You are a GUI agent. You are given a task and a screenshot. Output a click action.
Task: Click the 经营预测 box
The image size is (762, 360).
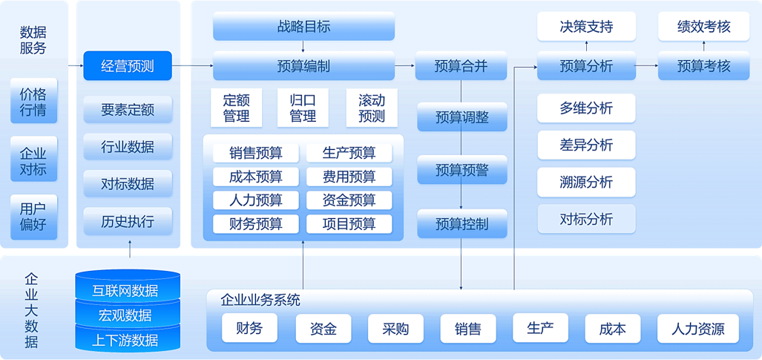point(128,66)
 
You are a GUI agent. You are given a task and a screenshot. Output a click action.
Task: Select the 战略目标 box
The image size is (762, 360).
point(303,27)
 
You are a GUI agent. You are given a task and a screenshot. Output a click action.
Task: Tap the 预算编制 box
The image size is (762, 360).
point(303,66)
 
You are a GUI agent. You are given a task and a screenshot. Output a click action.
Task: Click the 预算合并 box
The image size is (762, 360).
point(461,66)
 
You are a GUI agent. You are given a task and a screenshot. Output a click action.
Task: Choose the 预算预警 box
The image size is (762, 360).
point(462,170)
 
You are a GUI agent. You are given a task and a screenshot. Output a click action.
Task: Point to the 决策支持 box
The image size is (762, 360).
point(586,27)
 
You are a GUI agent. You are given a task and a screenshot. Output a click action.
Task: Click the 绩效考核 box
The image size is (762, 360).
point(703,27)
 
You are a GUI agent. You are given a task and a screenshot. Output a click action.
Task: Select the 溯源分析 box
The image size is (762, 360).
point(586,182)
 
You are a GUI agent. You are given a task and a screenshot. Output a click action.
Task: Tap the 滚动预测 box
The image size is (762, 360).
point(372,108)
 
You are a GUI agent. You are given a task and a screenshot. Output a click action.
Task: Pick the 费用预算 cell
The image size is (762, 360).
point(349,177)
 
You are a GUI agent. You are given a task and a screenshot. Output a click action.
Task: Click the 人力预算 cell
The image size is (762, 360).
point(256,200)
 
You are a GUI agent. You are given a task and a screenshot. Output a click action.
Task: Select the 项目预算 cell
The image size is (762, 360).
point(349,223)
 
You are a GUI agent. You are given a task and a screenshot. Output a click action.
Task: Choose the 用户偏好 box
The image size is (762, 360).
point(33,216)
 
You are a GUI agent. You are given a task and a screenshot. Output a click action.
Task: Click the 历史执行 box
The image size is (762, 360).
point(128,221)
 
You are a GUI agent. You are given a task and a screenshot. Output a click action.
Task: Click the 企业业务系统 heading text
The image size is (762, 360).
point(260,301)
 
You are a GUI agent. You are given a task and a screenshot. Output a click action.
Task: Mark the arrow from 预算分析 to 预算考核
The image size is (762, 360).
point(646,66)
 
